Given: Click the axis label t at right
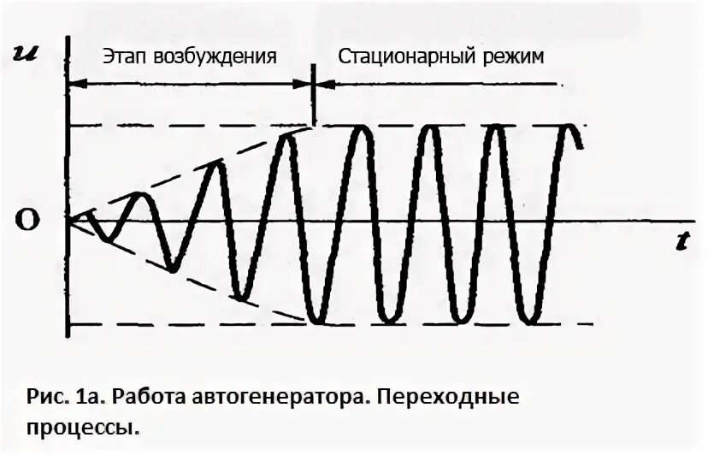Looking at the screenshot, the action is click(681, 242).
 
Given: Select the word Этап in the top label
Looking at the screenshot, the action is click(124, 57).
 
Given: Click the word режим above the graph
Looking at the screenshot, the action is click(515, 57).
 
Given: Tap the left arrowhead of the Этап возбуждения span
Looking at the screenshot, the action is click(74, 83).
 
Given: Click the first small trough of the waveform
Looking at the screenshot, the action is click(107, 238).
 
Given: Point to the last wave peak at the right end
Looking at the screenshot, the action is click(570, 127).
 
